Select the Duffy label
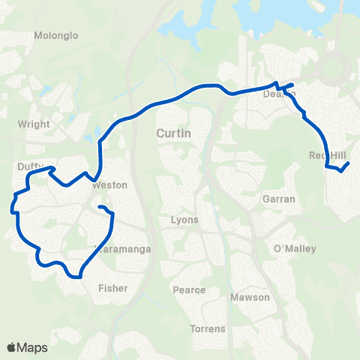tap(29, 167)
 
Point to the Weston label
tap(109, 184)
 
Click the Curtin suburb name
tap(175, 133)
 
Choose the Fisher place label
tap(112, 288)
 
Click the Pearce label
tap(189, 290)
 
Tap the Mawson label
tap(250, 298)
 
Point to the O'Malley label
tap(295, 249)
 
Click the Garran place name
tap(279, 199)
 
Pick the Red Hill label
tap(325, 155)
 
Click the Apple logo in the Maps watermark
tap(12, 347)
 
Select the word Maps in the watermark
tap(33, 347)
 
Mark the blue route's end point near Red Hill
tap(349, 163)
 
